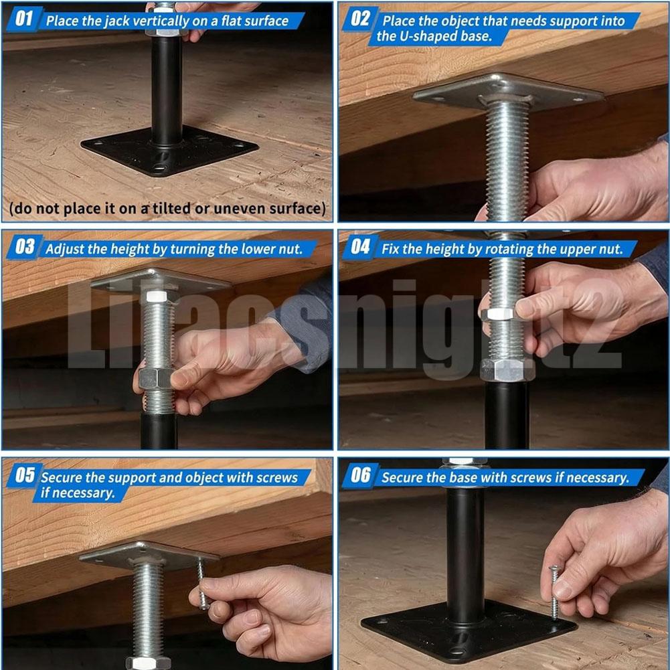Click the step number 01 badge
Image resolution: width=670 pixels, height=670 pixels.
(23, 19)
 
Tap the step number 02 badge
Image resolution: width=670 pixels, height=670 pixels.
(360, 19)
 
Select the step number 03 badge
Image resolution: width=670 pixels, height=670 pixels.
(24, 247)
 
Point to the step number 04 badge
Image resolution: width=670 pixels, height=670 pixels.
(360, 247)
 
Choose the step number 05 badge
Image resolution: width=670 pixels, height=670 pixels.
(24, 475)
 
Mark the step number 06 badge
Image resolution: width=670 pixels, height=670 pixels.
(360, 475)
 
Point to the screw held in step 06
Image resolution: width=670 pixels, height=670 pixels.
(555, 592)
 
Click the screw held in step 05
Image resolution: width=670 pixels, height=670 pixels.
(202, 584)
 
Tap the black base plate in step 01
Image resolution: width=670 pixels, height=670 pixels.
(169, 151)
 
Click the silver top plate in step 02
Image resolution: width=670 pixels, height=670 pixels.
(509, 92)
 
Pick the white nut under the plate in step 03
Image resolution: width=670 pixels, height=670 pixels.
(157, 296)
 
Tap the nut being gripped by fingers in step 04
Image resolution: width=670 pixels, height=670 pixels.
(499, 314)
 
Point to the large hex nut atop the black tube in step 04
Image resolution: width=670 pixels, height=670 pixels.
(507, 370)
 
